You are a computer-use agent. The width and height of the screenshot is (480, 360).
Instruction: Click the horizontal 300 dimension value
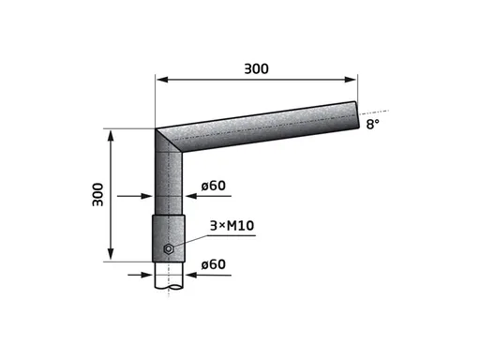tap(256, 68)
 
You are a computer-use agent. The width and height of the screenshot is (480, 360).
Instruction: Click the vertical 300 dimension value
tap(97, 195)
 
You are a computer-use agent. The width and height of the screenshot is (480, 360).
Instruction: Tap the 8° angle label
tap(372, 125)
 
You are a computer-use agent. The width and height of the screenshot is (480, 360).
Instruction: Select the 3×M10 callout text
tap(232, 225)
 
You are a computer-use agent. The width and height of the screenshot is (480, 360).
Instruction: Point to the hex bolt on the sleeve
tap(169, 248)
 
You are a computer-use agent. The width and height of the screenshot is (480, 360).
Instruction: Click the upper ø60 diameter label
tap(214, 186)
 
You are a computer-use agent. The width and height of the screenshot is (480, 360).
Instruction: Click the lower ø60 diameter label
tap(214, 264)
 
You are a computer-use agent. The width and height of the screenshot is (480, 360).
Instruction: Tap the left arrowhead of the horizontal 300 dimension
tap(162, 80)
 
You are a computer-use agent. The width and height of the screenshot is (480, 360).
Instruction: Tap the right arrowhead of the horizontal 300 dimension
tap(350, 80)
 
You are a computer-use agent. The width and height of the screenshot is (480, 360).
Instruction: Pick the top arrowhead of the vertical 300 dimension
tap(111, 136)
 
